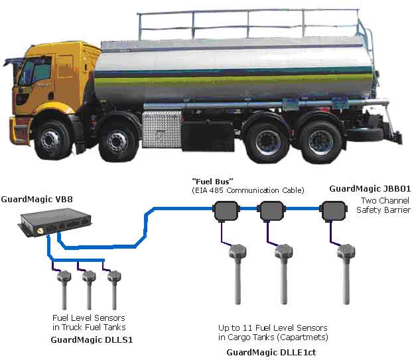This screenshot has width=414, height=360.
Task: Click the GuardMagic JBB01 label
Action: pos(370,188)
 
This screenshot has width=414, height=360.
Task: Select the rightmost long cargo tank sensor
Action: pos(344,278)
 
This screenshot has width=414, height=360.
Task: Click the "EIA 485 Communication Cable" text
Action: pos(247,190)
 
